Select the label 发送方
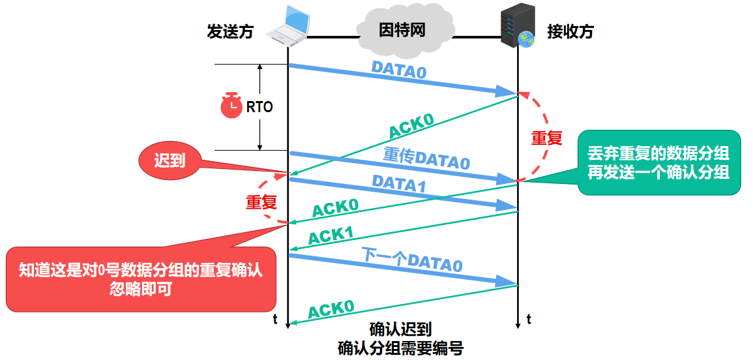point(229,31)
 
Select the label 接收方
point(570,31)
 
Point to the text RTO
point(259,107)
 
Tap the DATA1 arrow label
point(398,184)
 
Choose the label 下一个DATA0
point(412,261)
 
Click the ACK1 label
point(331,235)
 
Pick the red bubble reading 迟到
point(170,160)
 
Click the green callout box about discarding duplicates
point(659,163)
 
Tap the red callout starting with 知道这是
point(140,278)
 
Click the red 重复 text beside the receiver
point(546,138)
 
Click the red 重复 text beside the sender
point(261,202)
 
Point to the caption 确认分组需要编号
point(400,348)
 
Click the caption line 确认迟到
point(400,328)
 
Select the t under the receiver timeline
point(529,320)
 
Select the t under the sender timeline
point(276,320)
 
